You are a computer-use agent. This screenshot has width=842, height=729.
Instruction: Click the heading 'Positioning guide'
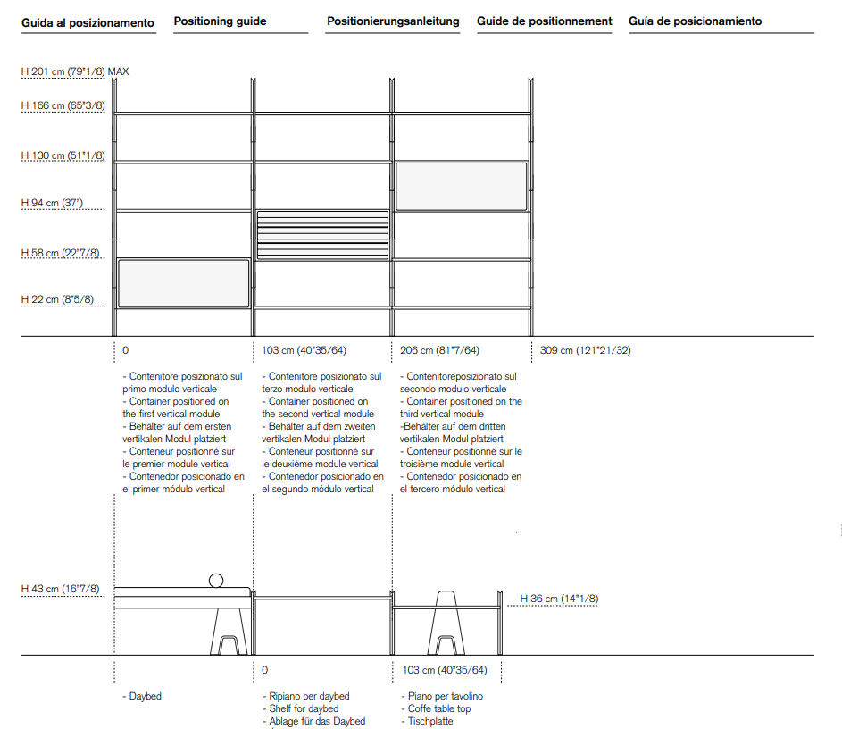(x=220, y=21)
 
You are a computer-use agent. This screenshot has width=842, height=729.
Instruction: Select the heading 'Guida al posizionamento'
(x=88, y=22)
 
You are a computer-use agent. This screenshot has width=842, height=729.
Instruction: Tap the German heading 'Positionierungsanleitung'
(x=393, y=21)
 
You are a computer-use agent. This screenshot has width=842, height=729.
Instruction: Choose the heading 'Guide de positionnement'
(x=544, y=21)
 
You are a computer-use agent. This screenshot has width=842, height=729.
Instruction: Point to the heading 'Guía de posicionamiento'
(x=695, y=21)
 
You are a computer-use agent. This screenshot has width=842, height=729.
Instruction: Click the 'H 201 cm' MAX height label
(x=75, y=71)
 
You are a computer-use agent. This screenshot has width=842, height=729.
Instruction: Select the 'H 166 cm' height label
(x=63, y=105)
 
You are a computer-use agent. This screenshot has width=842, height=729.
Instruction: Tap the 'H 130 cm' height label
(x=63, y=155)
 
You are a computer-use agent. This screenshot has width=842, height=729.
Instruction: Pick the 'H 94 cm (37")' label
(x=52, y=203)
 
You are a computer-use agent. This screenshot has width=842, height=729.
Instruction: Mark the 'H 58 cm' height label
(x=61, y=254)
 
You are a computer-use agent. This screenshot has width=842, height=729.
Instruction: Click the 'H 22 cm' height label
(x=57, y=300)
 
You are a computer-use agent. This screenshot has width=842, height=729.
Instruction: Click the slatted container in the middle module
(x=322, y=235)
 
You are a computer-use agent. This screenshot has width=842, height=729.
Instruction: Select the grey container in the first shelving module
(x=183, y=283)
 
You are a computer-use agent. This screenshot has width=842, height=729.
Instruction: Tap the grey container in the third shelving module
(x=461, y=187)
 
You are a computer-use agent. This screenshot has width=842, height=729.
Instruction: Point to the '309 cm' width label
(x=585, y=350)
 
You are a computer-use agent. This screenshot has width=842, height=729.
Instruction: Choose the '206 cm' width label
(x=439, y=350)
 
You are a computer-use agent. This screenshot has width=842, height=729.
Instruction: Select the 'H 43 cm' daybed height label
(x=61, y=590)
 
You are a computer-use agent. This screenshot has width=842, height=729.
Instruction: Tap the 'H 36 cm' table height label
(x=559, y=599)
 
